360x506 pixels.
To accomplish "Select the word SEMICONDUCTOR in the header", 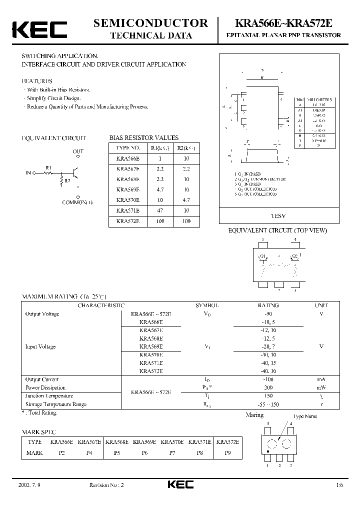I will pos(151,23).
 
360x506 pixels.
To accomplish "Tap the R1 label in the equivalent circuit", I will pos(48,167).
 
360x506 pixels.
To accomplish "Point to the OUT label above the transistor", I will pos(78,151).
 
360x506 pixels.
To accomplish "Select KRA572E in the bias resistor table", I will pos(128,221).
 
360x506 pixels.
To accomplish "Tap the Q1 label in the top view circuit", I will pos(261,256).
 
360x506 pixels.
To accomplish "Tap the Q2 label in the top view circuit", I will pos(295,256).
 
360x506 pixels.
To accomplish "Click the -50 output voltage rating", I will pos(268,314).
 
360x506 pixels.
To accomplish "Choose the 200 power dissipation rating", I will pos(268,388).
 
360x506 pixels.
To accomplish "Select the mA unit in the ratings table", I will pos(321,380).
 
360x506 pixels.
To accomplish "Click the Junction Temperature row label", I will pos(48,396).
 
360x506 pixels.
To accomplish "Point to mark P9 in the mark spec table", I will pos(227,453).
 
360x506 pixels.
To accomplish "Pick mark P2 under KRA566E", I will pos(62,453).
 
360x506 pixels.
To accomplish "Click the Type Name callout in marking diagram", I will pos(305,416).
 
